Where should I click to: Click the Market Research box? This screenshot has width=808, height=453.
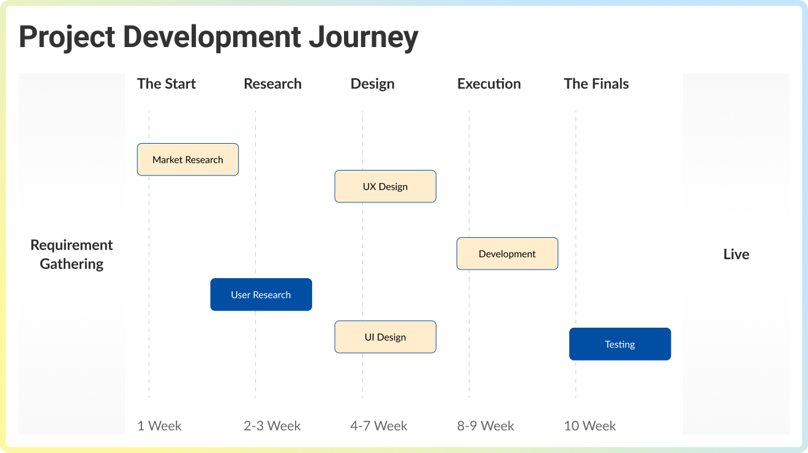pyautogui.click(x=187, y=160)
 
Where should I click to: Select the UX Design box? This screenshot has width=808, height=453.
pyautogui.click(x=385, y=186)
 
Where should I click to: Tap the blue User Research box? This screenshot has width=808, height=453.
pyautogui.click(x=261, y=295)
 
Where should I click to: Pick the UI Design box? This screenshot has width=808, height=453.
pyautogui.click(x=385, y=337)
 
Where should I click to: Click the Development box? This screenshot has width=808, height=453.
pyautogui.click(x=507, y=254)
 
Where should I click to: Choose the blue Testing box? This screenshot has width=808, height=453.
pyautogui.click(x=619, y=344)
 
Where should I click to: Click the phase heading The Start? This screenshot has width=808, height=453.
pyautogui.click(x=166, y=84)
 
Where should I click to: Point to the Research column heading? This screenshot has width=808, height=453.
pyautogui.click(x=272, y=84)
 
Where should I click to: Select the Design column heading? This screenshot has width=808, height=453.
pyautogui.click(x=372, y=84)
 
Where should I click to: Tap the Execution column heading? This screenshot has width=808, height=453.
pyautogui.click(x=488, y=84)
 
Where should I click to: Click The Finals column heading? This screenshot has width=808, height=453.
pyautogui.click(x=596, y=84)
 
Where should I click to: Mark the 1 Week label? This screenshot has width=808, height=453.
pyautogui.click(x=159, y=425)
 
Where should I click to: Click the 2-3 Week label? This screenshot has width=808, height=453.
pyautogui.click(x=272, y=425)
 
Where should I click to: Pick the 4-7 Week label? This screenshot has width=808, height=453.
pyautogui.click(x=378, y=425)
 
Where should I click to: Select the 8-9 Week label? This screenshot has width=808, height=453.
pyautogui.click(x=485, y=425)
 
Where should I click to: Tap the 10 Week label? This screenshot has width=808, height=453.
pyautogui.click(x=589, y=425)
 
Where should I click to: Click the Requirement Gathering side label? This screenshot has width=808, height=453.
pyautogui.click(x=72, y=254)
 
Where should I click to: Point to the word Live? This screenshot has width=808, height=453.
pyautogui.click(x=736, y=254)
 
